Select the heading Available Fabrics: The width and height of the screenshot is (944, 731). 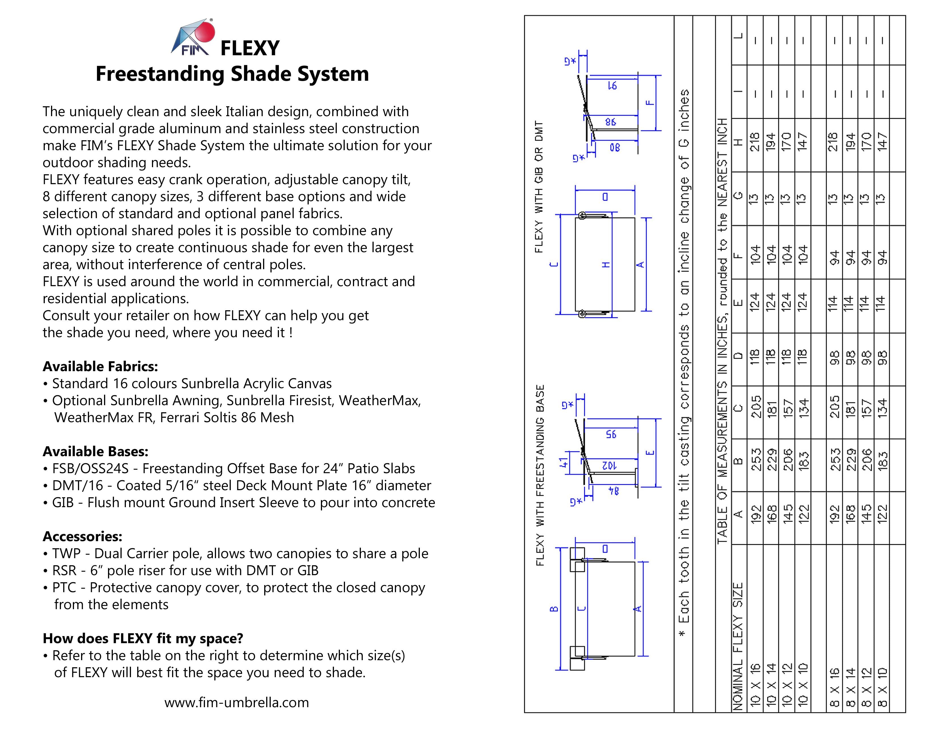[100, 366]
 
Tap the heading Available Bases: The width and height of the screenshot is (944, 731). [96, 451]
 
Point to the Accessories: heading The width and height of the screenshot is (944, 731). [82, 537]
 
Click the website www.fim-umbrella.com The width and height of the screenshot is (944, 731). [236, 702]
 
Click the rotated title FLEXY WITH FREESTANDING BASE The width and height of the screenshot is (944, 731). [540, 475]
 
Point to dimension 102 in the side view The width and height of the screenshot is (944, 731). [609, 465]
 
